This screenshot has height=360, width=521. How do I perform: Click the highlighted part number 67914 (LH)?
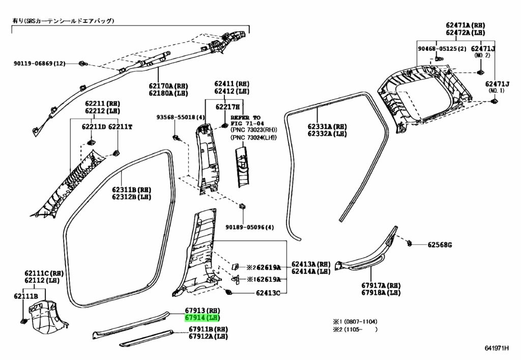[x=202, y=318]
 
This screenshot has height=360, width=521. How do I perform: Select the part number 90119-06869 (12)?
[x=40, y=63]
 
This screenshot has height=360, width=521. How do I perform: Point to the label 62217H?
[x=227, y=107]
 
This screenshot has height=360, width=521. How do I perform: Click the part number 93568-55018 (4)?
[x=181, y=117]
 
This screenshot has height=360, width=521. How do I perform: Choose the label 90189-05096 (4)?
[x=250, y=228]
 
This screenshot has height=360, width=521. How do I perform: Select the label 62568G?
[x=440, y=245]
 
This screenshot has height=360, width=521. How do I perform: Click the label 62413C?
[x=268, y=293]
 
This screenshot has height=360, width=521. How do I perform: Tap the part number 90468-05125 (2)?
[x=442, y=48]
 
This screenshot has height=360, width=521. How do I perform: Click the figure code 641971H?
[x=497, y=348]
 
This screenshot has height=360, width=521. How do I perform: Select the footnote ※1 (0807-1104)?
[x=355, y=321]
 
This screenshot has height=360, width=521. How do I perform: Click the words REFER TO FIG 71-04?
[x=246, y=121]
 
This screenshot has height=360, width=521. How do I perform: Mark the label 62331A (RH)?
[x=327, y=126]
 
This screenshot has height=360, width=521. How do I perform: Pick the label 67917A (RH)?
[x=381, y=285]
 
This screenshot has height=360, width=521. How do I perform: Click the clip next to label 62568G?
[x=410, y=244]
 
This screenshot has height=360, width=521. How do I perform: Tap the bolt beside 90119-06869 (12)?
[x=81, y=63]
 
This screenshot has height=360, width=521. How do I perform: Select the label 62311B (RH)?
[x=131, y=190]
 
